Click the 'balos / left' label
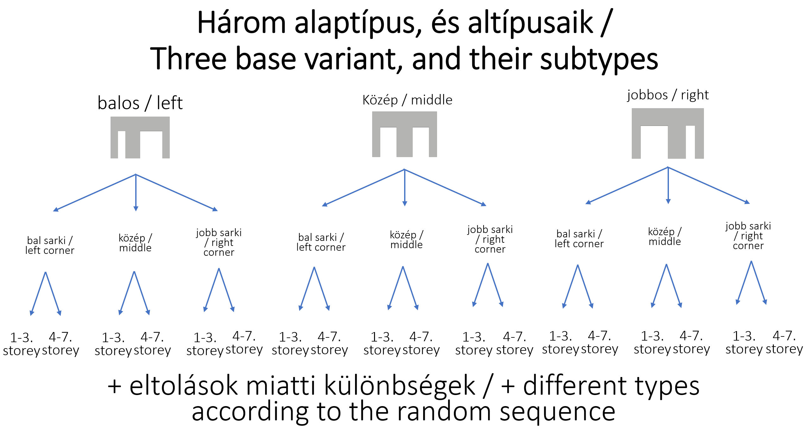point(140,103)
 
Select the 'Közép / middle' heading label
point(407,100)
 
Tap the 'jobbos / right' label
point(668,95)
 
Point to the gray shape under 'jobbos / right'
point(668,117)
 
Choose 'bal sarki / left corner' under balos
point(50,245)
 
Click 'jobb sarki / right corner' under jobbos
point(748,236)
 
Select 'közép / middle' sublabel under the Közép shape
point(407,240)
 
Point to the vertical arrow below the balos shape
point(136,193)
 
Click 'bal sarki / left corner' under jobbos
point(579,239)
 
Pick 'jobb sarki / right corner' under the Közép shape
point(490,239)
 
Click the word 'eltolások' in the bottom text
point(184,386)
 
